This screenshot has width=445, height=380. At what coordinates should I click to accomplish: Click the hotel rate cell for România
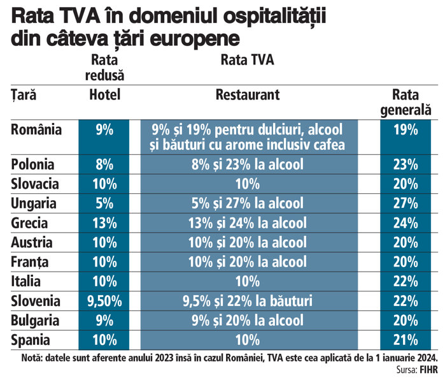tap(104, 130)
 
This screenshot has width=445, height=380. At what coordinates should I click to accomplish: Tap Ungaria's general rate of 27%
tap(405, 203)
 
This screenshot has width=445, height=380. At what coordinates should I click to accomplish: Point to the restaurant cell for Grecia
tap(248, 223)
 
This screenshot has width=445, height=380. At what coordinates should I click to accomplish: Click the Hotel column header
tap(104, 95)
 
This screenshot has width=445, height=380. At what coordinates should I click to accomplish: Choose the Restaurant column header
tap(248, 95)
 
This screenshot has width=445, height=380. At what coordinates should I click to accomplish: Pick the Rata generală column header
tap(406, 102)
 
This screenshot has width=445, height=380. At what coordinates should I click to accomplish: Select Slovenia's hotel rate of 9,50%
tap(104, 300)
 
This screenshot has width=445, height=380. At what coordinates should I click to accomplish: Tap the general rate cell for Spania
tap(405, 339)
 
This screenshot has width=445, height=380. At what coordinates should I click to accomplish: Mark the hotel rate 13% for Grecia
tap(104, 223)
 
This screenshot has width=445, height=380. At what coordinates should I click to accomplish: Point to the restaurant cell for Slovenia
tap(248, 300)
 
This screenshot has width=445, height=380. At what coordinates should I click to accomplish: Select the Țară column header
tap(24, 95)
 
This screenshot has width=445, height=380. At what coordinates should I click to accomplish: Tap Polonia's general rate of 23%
tap(405, 164)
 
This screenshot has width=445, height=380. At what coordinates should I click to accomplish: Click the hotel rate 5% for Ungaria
tap(104, 203)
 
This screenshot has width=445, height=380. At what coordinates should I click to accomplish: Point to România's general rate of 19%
tap(405, 130)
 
